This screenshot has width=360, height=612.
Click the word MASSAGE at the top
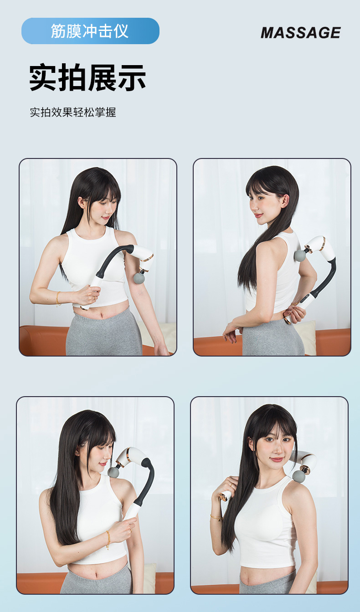(x=301, y=33)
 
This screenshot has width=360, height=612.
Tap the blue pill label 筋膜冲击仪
(x=90, y=31)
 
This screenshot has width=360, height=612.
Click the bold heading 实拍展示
(x=87, y=77)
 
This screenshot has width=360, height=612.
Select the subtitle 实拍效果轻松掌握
(x=73, y=112)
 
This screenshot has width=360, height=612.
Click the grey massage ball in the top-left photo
(x=139, y=278)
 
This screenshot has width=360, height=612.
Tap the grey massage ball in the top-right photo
(x=300, y=255)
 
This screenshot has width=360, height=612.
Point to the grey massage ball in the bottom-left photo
(x=114, y=472)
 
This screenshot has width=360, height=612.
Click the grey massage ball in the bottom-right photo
(x=298, y=476)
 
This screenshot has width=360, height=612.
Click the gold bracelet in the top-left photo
(x=58, y=299)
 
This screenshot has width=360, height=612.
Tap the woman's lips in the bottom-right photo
(x=277, y=459)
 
